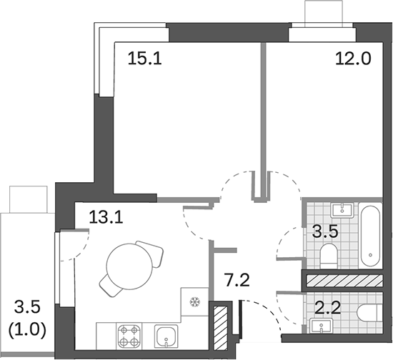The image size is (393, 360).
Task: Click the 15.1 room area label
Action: tap(144, 58)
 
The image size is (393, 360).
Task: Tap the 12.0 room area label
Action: tap(353, 58)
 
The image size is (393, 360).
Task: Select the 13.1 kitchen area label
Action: tap(106, 216)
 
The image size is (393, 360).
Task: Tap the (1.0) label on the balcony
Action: tap(28, 331)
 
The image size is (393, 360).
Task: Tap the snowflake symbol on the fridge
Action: tap(192, 301)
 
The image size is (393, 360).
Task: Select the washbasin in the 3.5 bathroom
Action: tap(344, 209)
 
